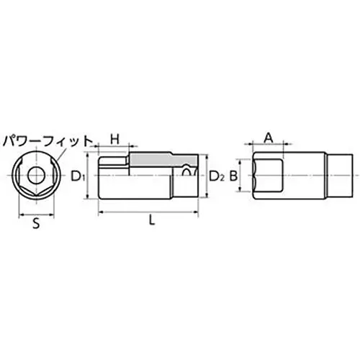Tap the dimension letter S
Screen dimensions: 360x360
35,225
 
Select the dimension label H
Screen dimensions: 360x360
113,137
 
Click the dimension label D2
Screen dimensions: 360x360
217,175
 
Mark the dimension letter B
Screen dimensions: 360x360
233,175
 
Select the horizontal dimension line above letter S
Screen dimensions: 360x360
35,214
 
